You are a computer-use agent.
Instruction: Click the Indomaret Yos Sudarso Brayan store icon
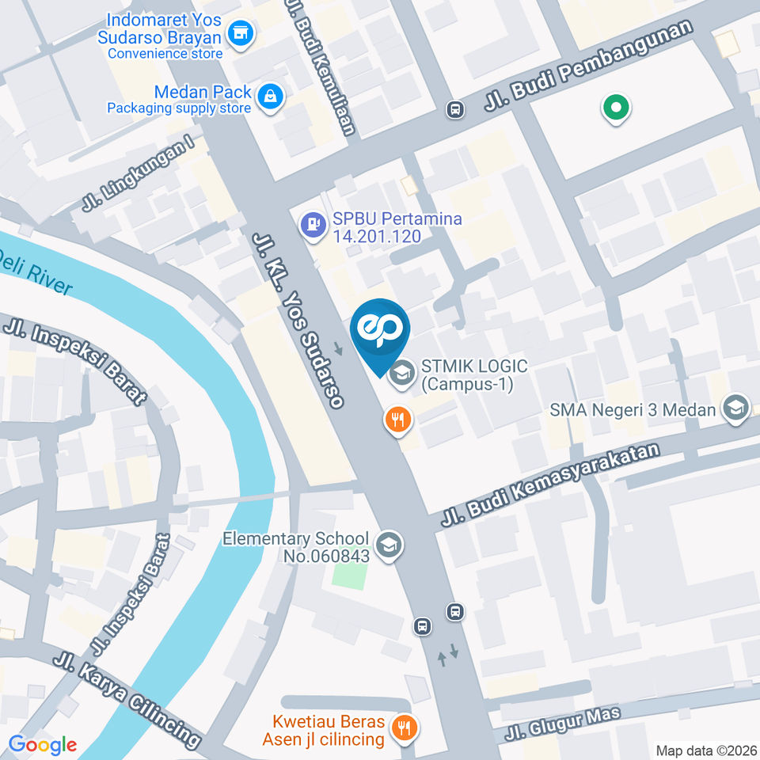238,33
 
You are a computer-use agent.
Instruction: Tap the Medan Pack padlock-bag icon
271,96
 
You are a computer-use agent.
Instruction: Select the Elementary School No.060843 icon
389,545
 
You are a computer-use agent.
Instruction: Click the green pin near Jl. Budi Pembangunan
615,108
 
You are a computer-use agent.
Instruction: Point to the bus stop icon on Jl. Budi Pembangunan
455,109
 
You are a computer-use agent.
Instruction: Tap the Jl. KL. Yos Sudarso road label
298,321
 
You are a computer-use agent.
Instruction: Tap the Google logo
42,744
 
